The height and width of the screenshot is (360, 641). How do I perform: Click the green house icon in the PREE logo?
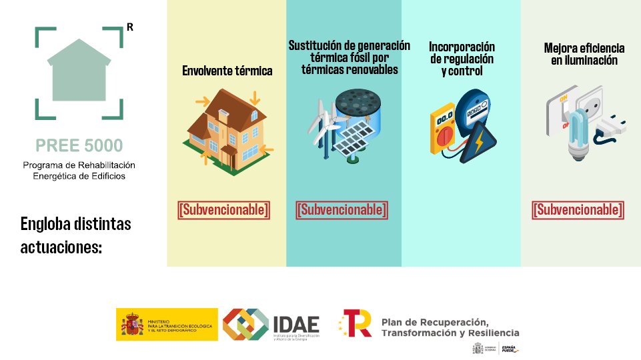pyautogui.click(x=79, y=73)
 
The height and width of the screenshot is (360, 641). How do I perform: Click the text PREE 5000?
pyautogui.click(x=79, y=145)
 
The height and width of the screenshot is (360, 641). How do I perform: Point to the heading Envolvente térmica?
pyautogui.click(x=227, y=71)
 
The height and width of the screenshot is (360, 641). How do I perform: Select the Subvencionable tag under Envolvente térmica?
pyautogui.click(x=224, y=209)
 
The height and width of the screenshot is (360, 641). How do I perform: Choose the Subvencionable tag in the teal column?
pyautogui.click(x=342, y=209)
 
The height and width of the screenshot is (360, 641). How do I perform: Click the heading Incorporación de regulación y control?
pyautogui.click(x=462, y=59)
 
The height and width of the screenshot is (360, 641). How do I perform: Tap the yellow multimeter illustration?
pyautogui.click(x=444, y=130)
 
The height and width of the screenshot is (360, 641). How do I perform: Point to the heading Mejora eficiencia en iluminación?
pyautogui.click(x=584, y=54)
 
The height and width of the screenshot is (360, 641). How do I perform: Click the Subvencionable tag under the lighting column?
pyautogui.click(x=578, y=209)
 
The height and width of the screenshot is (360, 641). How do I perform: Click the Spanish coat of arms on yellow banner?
pyautogui.click(x=132, y=325)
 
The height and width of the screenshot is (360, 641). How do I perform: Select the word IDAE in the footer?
pyautogui.click(x=296, y=323)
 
